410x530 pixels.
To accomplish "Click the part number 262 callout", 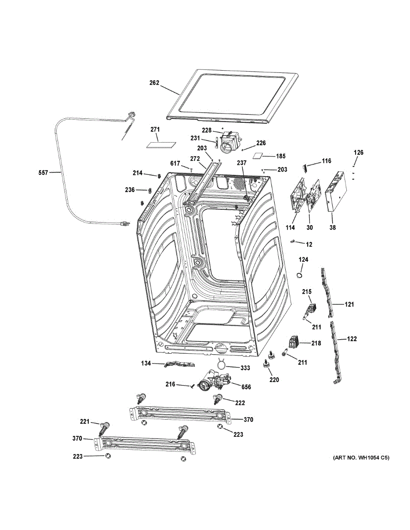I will pyautogui.click(x=154, y=83).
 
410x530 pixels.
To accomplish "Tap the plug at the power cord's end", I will pyautogui.click(x=124, y=224).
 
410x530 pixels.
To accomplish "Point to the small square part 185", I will pyautogui.click(x=258, y=155).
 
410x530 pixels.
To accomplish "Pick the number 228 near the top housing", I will pyautogui.click(x=207, y=130).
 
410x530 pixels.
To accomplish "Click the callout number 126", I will pyautogui.click(x=358, y=153).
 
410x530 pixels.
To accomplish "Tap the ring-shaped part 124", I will pyautogui.click(x=300, y=275).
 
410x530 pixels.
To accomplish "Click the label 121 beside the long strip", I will pyautogui.click(x=350, y=304).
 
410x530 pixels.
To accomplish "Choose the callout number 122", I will pyautogui.click(x=352, y=339).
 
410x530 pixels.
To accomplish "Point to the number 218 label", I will pyautogui.click(x=316, y=343).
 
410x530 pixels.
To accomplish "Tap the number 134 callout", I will pyautogui.click(x=146, y=363).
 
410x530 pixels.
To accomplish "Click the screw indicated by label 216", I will pyautogui.click(x=192, y=386).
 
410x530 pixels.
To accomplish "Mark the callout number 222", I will pyautogui.click(x=240, y=403).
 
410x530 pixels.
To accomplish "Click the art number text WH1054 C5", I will pyautogui.click(x=361, y=458).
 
